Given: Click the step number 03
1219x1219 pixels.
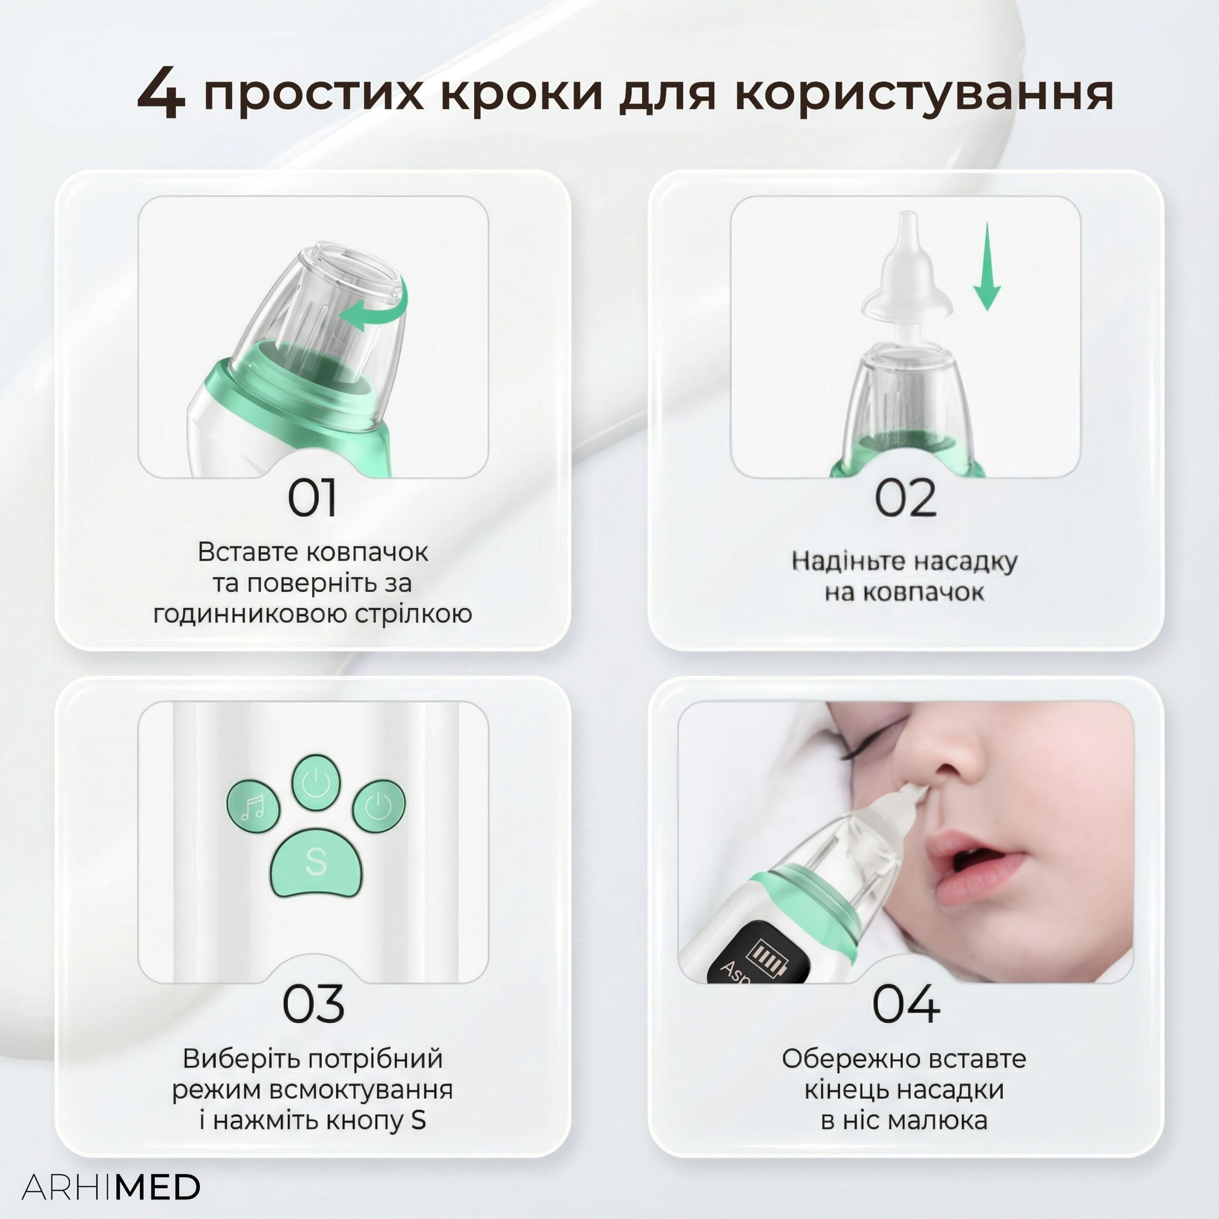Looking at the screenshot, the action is point(313,1003).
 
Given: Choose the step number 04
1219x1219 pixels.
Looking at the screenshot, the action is point(906,1003).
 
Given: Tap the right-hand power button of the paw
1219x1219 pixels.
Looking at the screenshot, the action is point(379,806).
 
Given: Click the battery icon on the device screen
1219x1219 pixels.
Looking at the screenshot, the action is point(767,956).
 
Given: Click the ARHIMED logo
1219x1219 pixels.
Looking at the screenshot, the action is point(111,1188).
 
